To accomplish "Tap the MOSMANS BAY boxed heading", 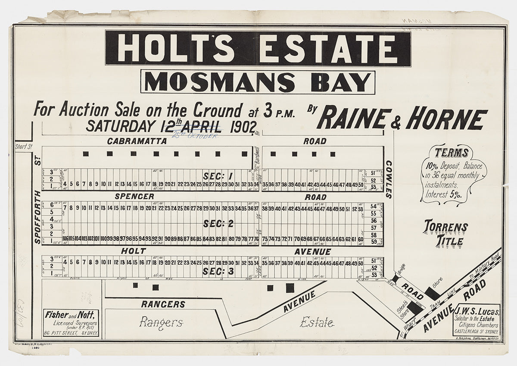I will pyautogui.click(x=258, y=82).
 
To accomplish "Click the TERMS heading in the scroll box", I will pyautogui.click(x=452, y=153).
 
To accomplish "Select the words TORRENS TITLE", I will pyautogui.click(x=445, y=233).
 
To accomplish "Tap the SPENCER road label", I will pyautogui.click(x=134, y=197).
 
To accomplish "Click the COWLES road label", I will pyautogui.click(x=389, y=179).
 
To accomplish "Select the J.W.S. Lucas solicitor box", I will pyautogui.click(x=477, y=321).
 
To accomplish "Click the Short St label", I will pyautogui.click(x=24, y=147).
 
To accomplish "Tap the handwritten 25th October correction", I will pyautogui.click(x=195, y=136).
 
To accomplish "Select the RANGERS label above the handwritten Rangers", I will pyautogui.click(x=163, y=304).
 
